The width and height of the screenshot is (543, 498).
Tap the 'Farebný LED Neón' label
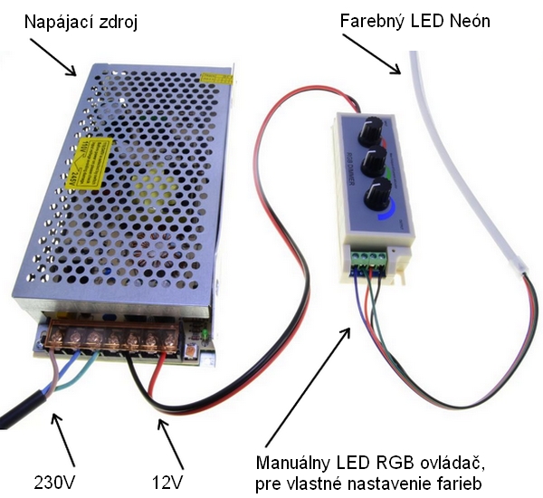pyautogui.click(x=414, y=19)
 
